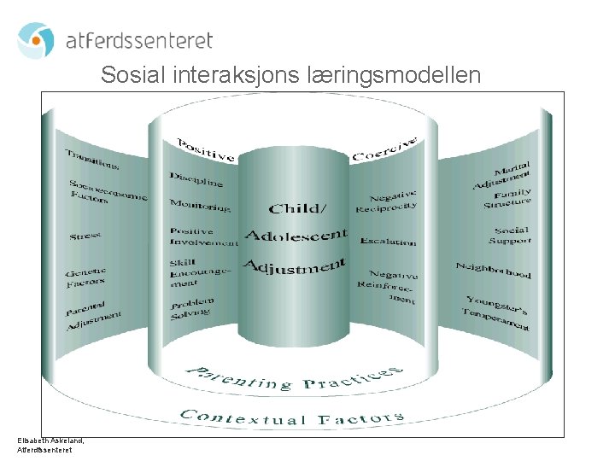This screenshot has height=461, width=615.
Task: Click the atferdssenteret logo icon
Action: click(x=36, y=40)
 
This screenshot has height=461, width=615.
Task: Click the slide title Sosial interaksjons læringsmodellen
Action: click(x=290, y=75)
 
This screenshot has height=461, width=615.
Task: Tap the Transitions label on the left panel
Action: click(x=91, y=159)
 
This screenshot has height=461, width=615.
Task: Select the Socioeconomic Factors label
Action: click(x=106, y=192)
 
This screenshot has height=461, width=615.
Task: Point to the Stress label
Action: click(x=85, y=235)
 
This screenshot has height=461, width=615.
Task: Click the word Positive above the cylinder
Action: click(x=205, y=149)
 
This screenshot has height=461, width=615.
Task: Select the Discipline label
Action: click(x=196, y=180)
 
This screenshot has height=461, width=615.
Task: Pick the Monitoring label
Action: click(x=200, y=205)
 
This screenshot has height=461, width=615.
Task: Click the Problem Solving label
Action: click(x=191, y=308)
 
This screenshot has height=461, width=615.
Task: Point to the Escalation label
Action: click(x=388, y=242)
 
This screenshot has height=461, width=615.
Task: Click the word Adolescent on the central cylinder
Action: click(x=296, y=234)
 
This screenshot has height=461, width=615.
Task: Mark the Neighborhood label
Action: click(x=493, y=270)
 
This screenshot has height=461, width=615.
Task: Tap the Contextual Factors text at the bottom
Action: click(x=290, y=417)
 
